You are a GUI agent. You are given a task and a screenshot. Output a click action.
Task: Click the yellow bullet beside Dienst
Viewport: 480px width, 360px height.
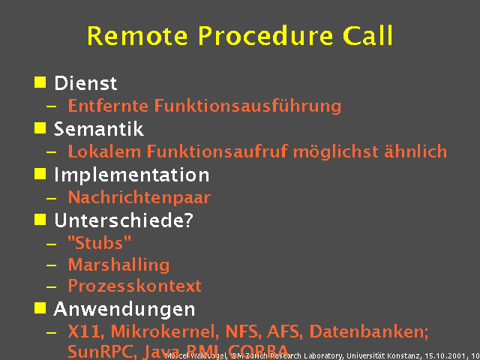(x=40, y=82)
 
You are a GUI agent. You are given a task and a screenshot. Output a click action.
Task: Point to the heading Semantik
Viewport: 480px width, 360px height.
(x=98, y=129)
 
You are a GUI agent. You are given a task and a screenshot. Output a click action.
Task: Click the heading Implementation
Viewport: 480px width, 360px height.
(x=131, y=175)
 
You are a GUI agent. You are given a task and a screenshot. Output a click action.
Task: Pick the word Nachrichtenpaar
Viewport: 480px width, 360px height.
(x=139, y=198)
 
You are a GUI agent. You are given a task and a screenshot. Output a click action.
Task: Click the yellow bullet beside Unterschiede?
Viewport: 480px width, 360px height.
(x=40, y=219)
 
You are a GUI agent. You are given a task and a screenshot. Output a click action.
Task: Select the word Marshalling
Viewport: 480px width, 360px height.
(x=118, y=265)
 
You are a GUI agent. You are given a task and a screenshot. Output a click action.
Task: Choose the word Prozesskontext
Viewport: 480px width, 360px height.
(x=134, y=286)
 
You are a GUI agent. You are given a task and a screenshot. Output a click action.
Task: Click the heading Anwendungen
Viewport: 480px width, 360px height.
(x=124, y=309)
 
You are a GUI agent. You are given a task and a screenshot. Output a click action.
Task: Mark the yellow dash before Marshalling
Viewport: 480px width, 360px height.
(x=51, y=265)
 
